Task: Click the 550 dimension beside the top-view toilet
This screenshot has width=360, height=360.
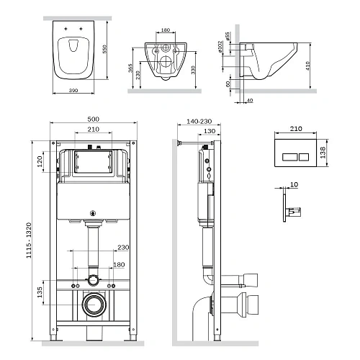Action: point(106,49)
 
